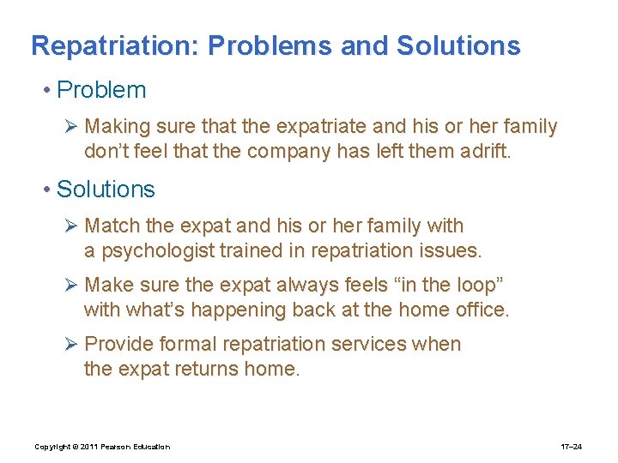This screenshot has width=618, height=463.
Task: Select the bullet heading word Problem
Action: tap(101, 90)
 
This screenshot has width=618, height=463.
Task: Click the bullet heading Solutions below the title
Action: tap(106, 189)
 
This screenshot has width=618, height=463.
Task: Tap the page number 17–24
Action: tap(572, 447)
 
